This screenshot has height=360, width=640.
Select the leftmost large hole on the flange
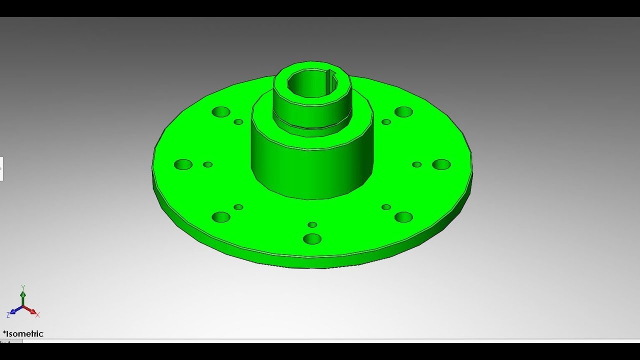click(183, 164)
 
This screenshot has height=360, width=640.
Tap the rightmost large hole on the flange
click(441, 164)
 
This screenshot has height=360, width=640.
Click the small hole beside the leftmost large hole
click(208, 164)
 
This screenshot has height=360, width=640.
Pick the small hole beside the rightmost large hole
click(416, 164)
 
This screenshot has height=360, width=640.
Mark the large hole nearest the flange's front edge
click(312, 238)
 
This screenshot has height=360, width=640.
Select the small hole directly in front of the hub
click(312, 225)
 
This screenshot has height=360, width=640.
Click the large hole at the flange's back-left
click(220, 112)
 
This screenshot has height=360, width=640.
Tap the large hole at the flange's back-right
click(403, 112)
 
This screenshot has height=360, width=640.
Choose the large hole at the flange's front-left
click(220, 217)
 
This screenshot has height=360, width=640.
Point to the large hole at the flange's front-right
click(403, 217)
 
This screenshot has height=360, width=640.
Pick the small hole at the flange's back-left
click(238, 122)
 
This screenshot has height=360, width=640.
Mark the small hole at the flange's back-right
click(386, 122)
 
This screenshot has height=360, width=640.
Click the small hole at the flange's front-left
click(238, 207)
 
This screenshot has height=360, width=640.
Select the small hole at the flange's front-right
click(386, 207)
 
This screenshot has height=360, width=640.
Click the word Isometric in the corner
click(24, 334)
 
